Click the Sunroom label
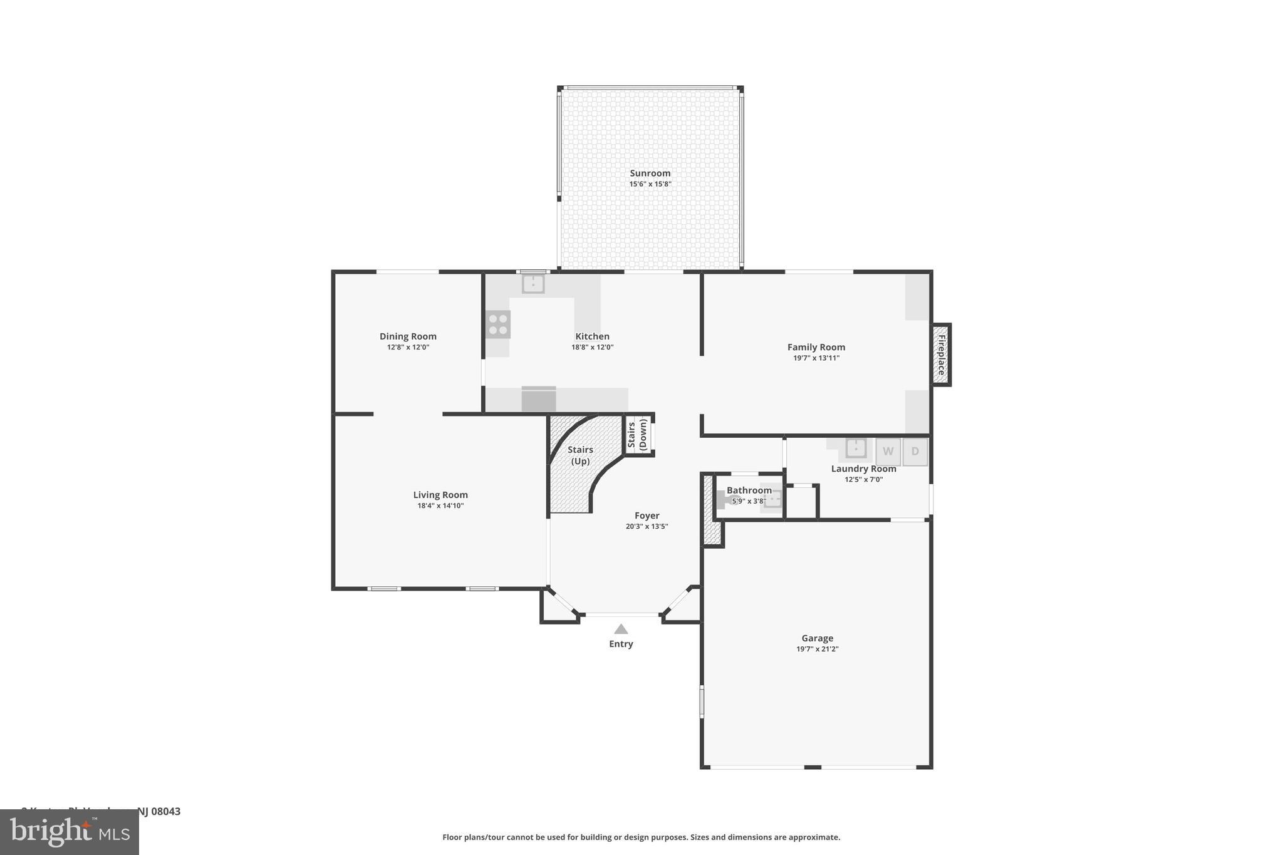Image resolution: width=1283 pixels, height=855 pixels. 650,174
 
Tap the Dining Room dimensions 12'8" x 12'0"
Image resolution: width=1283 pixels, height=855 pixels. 408,347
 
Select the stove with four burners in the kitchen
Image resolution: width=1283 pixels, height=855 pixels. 498,324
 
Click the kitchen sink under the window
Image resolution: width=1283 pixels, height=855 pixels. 533,284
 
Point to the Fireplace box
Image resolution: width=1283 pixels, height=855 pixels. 941,355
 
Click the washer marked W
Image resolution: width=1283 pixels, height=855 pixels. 888,452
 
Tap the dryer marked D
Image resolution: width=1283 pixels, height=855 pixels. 915,452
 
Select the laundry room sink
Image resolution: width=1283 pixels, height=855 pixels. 856,448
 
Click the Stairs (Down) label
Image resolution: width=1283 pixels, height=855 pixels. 638,435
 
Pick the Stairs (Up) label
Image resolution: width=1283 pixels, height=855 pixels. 580,455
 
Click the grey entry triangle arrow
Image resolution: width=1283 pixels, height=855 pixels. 621,629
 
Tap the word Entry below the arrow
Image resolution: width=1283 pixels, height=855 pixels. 621,644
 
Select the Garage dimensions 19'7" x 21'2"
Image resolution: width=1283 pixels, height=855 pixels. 817,649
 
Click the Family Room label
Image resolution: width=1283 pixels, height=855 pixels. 816,347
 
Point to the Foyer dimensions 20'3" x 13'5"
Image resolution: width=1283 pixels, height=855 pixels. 647,526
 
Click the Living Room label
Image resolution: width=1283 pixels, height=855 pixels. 440,495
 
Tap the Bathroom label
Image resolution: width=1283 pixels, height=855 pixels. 749,490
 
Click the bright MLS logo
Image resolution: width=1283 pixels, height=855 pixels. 70,832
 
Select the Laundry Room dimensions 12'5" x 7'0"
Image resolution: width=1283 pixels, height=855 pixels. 863,479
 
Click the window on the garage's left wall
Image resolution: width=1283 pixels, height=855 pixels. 702,701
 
